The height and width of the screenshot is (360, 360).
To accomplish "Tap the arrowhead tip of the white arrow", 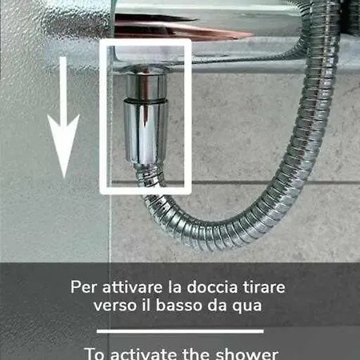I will [x=63, y=177].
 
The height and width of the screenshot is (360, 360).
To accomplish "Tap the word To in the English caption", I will [x=95, y=354].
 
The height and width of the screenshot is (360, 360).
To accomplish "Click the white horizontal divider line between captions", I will [x=180, y=330].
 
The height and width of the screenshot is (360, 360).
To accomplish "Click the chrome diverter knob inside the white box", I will [x=145, y=120].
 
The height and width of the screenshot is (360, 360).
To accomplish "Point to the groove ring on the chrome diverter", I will [x=145, y=100].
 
